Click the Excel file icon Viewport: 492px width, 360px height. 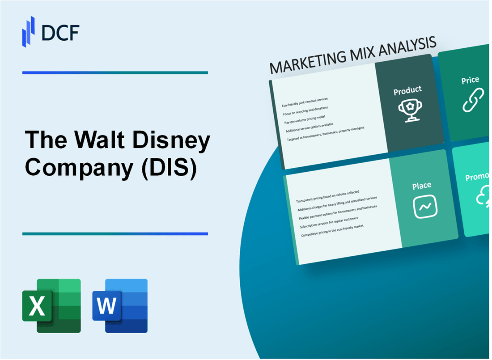51,305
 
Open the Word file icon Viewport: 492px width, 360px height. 120,305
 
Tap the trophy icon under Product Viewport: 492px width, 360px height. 407,109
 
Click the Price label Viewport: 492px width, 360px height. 470,80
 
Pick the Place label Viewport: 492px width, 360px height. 422,185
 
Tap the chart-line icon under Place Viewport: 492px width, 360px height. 425,207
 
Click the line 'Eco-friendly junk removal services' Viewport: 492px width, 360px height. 305,102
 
